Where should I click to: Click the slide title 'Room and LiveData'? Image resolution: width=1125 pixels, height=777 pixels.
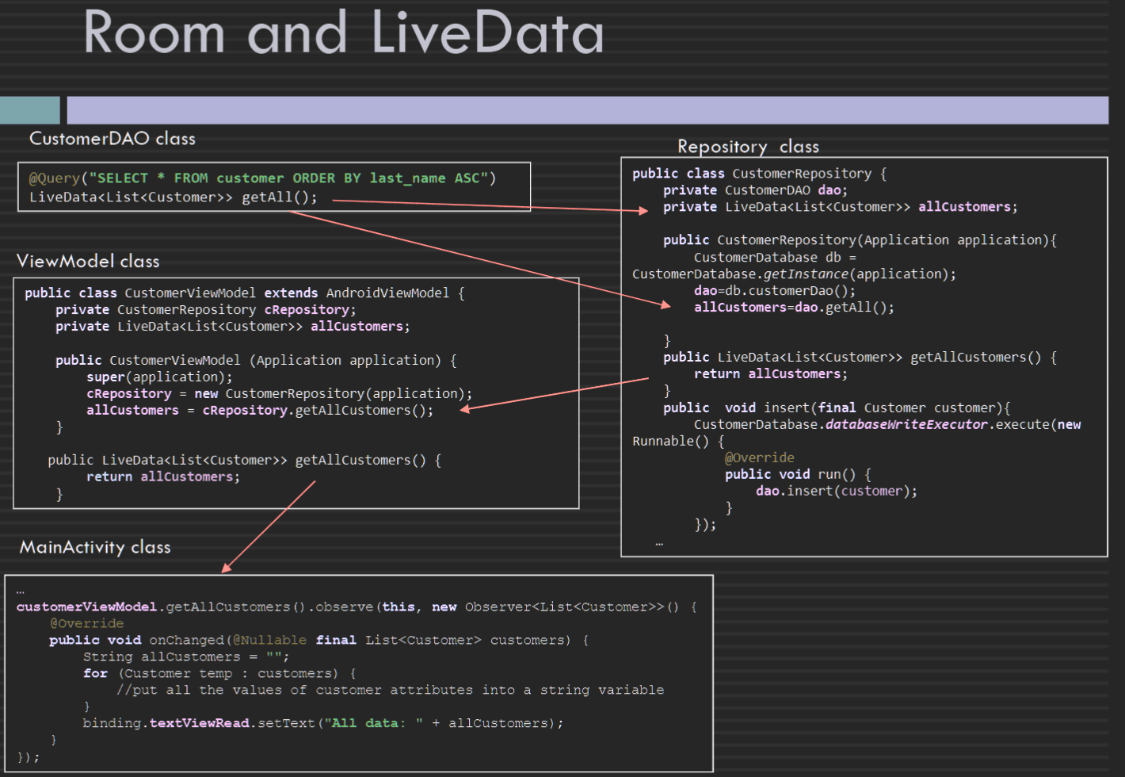tap(344, 33)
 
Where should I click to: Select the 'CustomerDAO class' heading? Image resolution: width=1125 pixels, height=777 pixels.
tap(113, 138)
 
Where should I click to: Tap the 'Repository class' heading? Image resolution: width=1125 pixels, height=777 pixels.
tap(749, 147)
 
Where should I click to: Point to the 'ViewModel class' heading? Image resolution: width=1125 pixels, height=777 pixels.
tap(88, 262)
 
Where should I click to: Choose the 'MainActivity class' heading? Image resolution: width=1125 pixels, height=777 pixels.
tap(95, 547)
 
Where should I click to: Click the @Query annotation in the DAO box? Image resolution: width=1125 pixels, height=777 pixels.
tap(54, 178)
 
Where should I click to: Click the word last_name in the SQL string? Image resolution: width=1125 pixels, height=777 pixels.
tap(407, 178)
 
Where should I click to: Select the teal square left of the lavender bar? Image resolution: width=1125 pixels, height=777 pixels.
tap(29, 110)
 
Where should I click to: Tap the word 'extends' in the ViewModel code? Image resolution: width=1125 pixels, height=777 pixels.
tap(291, 293)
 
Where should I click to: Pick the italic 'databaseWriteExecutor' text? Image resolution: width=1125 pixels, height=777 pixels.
tap(906, 425)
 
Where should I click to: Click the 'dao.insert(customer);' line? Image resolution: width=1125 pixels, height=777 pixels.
tap(837, 491)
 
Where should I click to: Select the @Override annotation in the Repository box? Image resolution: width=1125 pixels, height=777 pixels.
tap(759, 457)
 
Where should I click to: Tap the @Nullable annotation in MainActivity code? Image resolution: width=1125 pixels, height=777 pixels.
tap(269, 640)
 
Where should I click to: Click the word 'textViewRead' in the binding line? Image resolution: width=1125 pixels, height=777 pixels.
tap(200, 723)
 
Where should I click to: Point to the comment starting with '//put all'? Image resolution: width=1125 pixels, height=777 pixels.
tap(391, 690)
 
